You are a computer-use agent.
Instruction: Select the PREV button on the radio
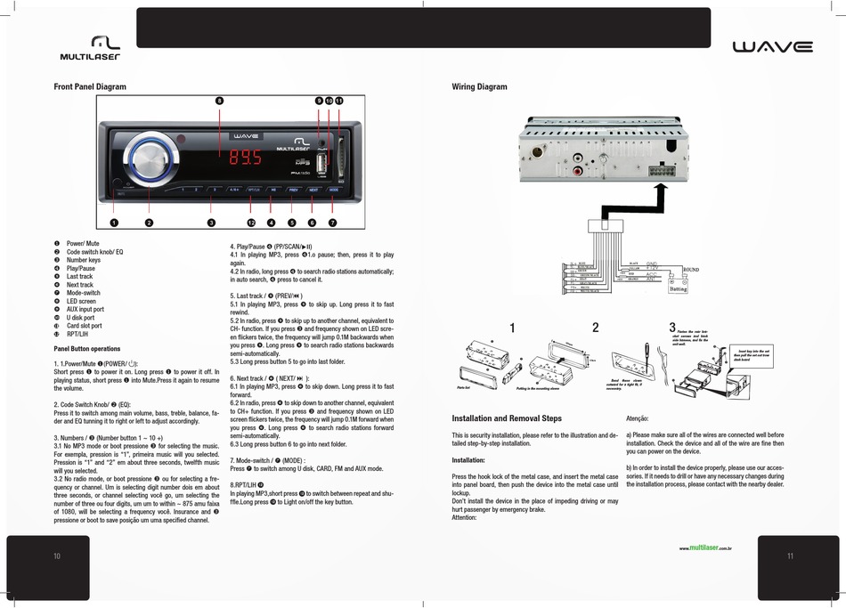point(293,190)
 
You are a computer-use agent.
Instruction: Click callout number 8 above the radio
point(219,101)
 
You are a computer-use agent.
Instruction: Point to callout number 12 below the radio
point(251,222)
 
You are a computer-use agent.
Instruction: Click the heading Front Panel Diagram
point(90,87)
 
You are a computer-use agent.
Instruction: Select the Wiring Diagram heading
point(479,87)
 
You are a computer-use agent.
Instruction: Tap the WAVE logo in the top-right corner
point(772,47)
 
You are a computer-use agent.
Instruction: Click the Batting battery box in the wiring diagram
point(678,288)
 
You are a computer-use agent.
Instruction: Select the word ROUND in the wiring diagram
point(692,269)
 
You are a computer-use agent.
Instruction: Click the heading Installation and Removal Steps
point(507,418)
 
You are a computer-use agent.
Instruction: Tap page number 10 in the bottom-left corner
point(57,556)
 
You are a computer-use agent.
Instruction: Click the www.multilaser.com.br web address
point(704,548)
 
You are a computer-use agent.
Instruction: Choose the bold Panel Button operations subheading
point(87,349)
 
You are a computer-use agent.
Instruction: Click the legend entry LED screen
point(83,301)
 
